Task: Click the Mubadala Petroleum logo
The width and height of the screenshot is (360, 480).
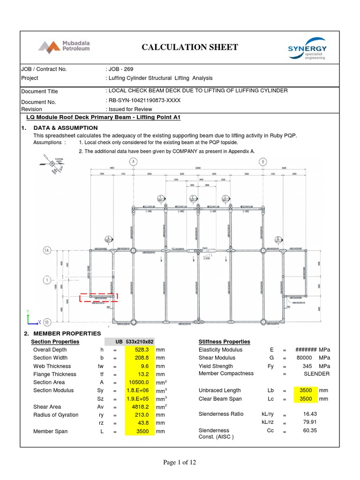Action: (64, 46)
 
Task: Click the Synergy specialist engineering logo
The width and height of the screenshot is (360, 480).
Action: (307, 49)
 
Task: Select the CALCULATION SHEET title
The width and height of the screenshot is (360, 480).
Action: (189, 47)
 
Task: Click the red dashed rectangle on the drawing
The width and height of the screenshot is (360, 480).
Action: (98, 297)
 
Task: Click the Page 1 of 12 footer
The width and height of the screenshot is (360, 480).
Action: (180, 463)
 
